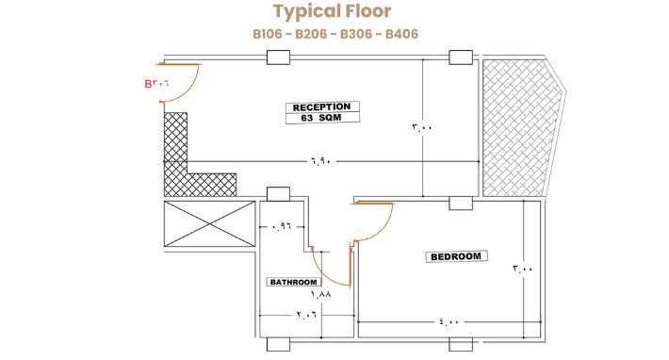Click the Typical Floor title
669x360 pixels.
coord(332,11)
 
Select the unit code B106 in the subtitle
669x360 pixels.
coord(268,34)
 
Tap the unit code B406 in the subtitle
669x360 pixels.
coord(401,34)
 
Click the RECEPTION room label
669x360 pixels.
coord(321,107)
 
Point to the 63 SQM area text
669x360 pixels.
coord(321,118)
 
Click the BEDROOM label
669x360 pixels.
coord(456,256)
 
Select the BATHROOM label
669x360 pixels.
coord(294,282)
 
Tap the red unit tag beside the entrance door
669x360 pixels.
coord(156,83)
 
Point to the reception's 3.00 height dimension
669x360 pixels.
coord(422,127)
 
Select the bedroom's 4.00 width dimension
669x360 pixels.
coord(449,321)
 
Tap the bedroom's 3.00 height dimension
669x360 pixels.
coord(523,270)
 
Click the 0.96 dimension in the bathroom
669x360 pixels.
coord(281,227)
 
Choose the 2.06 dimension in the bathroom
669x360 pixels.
coord(306,315)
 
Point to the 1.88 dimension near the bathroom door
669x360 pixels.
coord(321,294)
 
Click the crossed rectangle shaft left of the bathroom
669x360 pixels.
coord(210,224)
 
